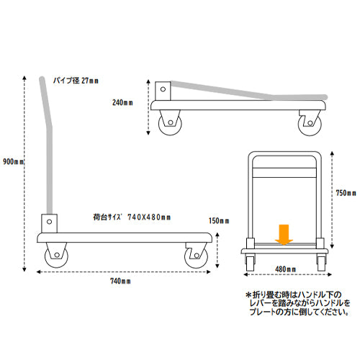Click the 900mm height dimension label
(14, 161)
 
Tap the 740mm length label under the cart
(120, 281)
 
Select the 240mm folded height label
(122, 102)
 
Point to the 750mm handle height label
(346, 193)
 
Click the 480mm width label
(286, 269)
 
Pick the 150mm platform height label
(219, 220)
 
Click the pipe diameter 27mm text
(76, 81)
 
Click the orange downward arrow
(284, 235)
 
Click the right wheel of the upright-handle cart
(196, 256)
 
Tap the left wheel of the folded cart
(170, 124)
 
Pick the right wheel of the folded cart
(310, 124)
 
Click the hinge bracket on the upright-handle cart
(49, 223)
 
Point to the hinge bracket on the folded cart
(163, 91)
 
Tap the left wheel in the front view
(250, 264)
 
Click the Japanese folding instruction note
(298, 303)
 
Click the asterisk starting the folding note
(248, 295)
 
